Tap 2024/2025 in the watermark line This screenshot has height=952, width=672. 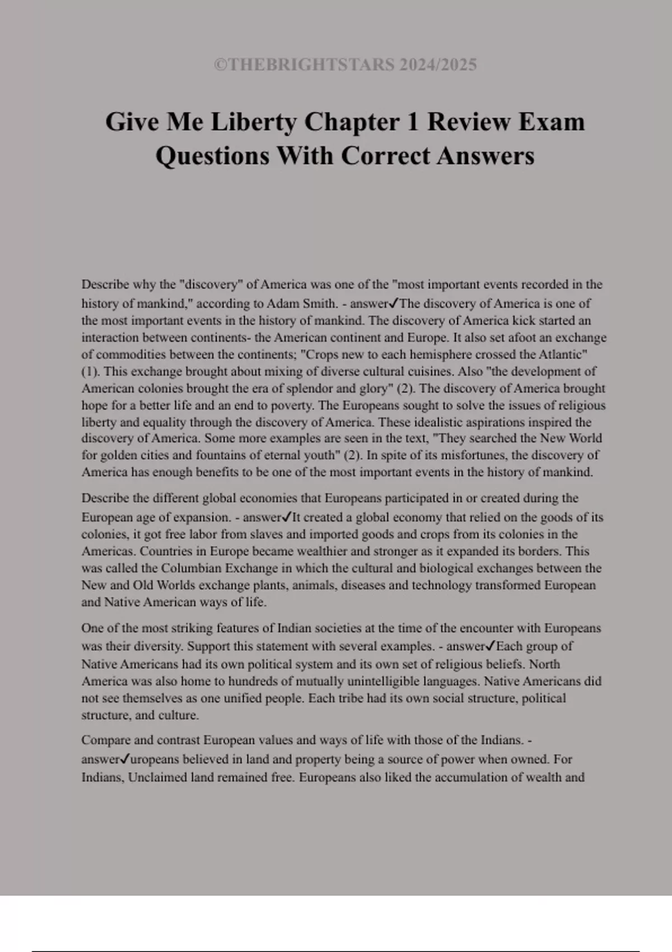tap(438, 65)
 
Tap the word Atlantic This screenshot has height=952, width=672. tap(562, 354)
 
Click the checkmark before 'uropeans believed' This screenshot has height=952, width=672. tap(125, 759)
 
